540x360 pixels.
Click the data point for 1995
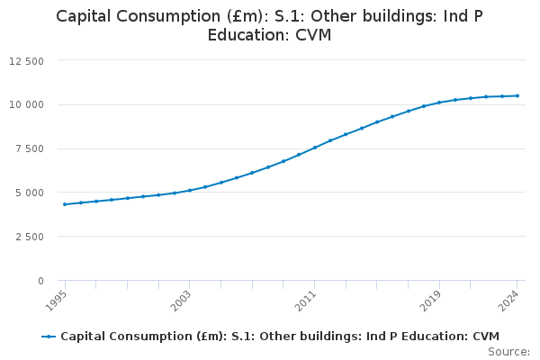(x=65, y=204)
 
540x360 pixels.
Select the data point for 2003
(x=190, y=190)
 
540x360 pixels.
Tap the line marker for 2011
(x=315, y=148)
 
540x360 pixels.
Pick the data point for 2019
(x=439, y=103)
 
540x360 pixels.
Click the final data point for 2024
(x=517, y=95)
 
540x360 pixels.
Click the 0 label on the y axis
(x=40, y=282)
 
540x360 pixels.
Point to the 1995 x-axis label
(x=57, y=300)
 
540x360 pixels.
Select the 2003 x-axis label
(x=182, y=300)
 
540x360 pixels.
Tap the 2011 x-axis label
(x=307, y=300)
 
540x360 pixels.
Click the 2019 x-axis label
(x=431, y=300)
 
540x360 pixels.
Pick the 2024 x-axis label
(x=509, y=300)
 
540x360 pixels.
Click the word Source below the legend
(x=509, y=351)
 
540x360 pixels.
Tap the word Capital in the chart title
(x=85, y=16)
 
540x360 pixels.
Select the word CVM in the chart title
(x=313, y=36)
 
